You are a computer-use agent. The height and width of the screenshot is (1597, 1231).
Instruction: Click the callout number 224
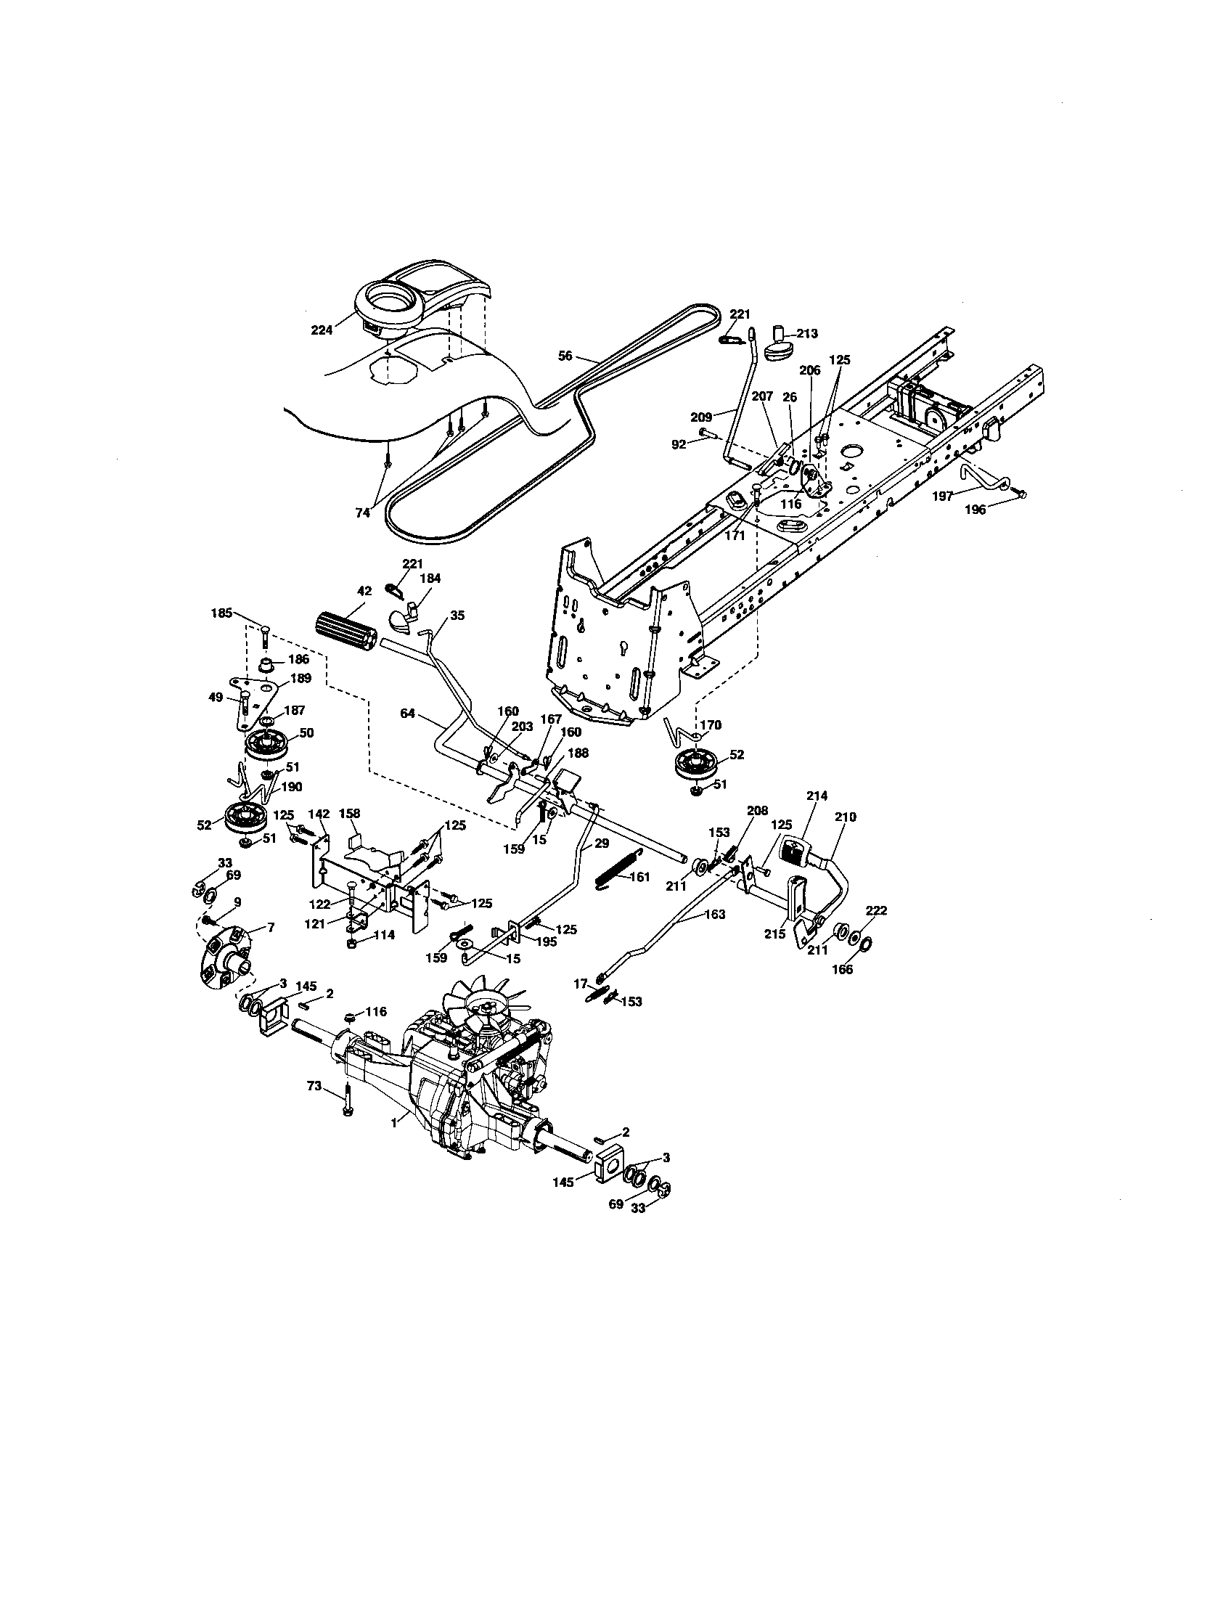coord(321,330)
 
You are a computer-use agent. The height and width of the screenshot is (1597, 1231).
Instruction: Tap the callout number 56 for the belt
coord(565,356)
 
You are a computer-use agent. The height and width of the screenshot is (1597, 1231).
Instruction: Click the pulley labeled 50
coord(266,745)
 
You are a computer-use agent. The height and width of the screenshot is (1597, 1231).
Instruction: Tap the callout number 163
coord(716,914)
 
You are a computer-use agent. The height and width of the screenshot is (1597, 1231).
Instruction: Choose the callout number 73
coord(314,1107)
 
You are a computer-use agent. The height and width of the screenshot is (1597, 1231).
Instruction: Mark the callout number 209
coord(700,417)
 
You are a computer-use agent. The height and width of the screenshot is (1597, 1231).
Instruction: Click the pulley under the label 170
coord(695,766)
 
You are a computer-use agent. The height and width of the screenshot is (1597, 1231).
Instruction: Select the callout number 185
coord(221,613)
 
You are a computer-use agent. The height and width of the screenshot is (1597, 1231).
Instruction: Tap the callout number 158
coord(349,813)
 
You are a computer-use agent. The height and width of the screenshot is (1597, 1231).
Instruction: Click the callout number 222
coord(876,910)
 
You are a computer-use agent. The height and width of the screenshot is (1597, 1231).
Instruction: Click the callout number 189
coord(300,678)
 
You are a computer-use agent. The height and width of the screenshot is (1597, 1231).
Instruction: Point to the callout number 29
coord(601,843)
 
